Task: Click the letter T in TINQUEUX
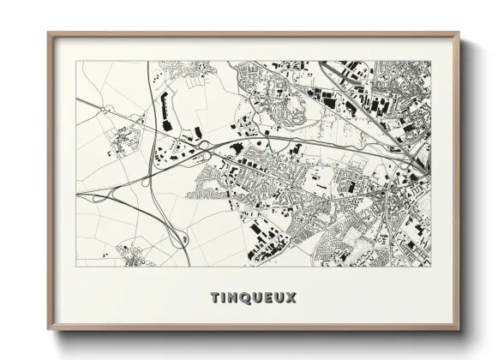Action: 214,298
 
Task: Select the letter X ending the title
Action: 291,298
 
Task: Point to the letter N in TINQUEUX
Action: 232,298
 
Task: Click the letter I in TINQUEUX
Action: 222,298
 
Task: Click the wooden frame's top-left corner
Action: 49,34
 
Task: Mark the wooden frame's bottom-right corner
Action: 459,331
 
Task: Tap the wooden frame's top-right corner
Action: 459,34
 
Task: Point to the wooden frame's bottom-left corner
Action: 49,331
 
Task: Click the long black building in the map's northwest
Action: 164,109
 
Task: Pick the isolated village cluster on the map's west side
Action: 123,139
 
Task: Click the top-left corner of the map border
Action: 75,61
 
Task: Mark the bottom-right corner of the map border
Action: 431,266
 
